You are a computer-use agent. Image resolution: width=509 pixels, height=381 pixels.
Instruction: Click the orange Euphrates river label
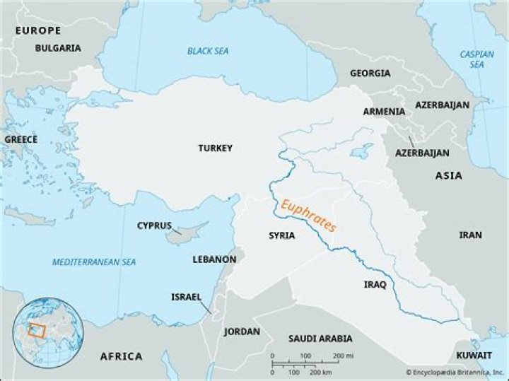[308, 216]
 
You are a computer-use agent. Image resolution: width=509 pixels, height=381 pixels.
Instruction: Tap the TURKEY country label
[215, 148]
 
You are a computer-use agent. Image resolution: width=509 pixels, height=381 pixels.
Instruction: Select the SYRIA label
[281, 235]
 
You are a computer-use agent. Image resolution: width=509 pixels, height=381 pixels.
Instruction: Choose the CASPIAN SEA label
[472, 59]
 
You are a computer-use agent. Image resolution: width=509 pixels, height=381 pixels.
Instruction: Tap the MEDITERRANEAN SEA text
[94, 262]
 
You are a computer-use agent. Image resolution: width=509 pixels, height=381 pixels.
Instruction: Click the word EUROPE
[38, 30]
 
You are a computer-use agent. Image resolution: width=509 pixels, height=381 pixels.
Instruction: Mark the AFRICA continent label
[121, 356]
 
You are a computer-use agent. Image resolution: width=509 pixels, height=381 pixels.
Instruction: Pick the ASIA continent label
[448, 175]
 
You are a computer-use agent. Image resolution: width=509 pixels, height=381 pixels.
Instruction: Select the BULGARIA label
[58, 48]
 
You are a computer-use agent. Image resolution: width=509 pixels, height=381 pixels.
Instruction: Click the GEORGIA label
[369, 73]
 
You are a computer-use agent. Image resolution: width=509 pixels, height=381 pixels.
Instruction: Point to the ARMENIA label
[384, 112]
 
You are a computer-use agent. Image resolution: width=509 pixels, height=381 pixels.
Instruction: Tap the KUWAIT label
[474, 354]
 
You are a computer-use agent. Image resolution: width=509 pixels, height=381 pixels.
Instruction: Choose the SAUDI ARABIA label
[320, 339]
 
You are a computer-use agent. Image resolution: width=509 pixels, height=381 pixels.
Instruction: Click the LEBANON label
[214, 259]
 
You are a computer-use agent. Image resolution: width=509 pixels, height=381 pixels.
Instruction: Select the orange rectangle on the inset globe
[35, 329]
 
